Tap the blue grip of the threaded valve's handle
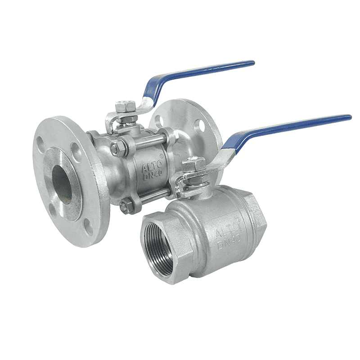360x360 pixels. [292, 126]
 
